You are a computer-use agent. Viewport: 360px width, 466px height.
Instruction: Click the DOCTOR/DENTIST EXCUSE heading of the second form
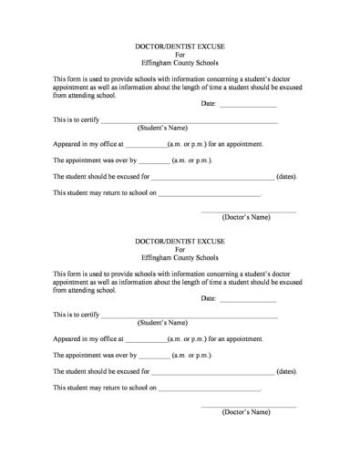(180, 241)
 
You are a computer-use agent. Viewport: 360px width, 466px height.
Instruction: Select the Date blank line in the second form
(248, 300)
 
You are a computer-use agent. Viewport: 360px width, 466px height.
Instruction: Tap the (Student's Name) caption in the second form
(162, 323)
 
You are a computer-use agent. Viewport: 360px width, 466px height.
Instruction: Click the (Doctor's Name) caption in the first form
(247, 217)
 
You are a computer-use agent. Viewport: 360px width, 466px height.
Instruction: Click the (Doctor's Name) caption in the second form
(247, 412)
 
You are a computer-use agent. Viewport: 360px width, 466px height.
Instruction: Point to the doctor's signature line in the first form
(248, 211)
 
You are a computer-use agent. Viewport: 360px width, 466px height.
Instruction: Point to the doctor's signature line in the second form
(248, 405)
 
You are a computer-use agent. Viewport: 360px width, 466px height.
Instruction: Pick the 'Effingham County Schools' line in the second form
(180, 256)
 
